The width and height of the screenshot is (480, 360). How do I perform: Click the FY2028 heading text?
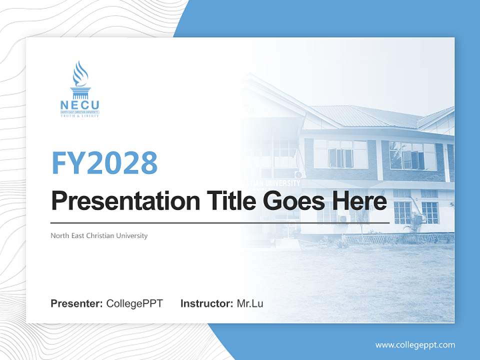click(x=104, y=162)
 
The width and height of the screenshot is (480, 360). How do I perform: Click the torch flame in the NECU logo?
click(x=79, y=74)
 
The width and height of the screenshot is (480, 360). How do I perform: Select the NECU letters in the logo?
click(x=79, y=105)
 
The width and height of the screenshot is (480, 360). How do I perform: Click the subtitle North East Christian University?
click(x=99, y=235)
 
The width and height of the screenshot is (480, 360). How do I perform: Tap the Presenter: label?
click(x=77, y=303)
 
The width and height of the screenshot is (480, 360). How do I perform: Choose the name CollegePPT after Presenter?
click(x=134, y=303)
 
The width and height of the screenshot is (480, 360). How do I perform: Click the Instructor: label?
click(x=206, y=303)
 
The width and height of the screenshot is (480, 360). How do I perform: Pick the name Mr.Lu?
click(x=250, y=303)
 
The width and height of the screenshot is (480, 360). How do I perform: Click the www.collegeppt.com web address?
click(x=415, y=345)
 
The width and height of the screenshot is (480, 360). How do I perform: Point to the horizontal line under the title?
click(x=220, y=222)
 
